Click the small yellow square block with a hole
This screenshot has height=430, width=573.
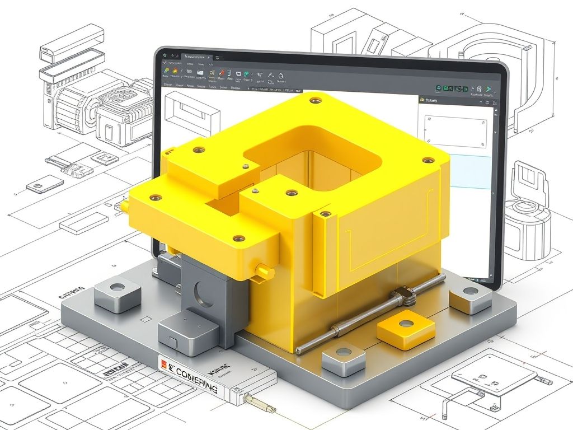click(x=406, y=330)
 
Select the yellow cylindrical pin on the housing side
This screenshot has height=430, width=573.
click(x=263, y=270)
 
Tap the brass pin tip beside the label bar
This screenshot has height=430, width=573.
click(x=262, y=405)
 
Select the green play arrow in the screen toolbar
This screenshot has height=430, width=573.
click(x=489, y=88)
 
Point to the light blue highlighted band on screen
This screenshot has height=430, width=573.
click(x=470, y=171)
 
